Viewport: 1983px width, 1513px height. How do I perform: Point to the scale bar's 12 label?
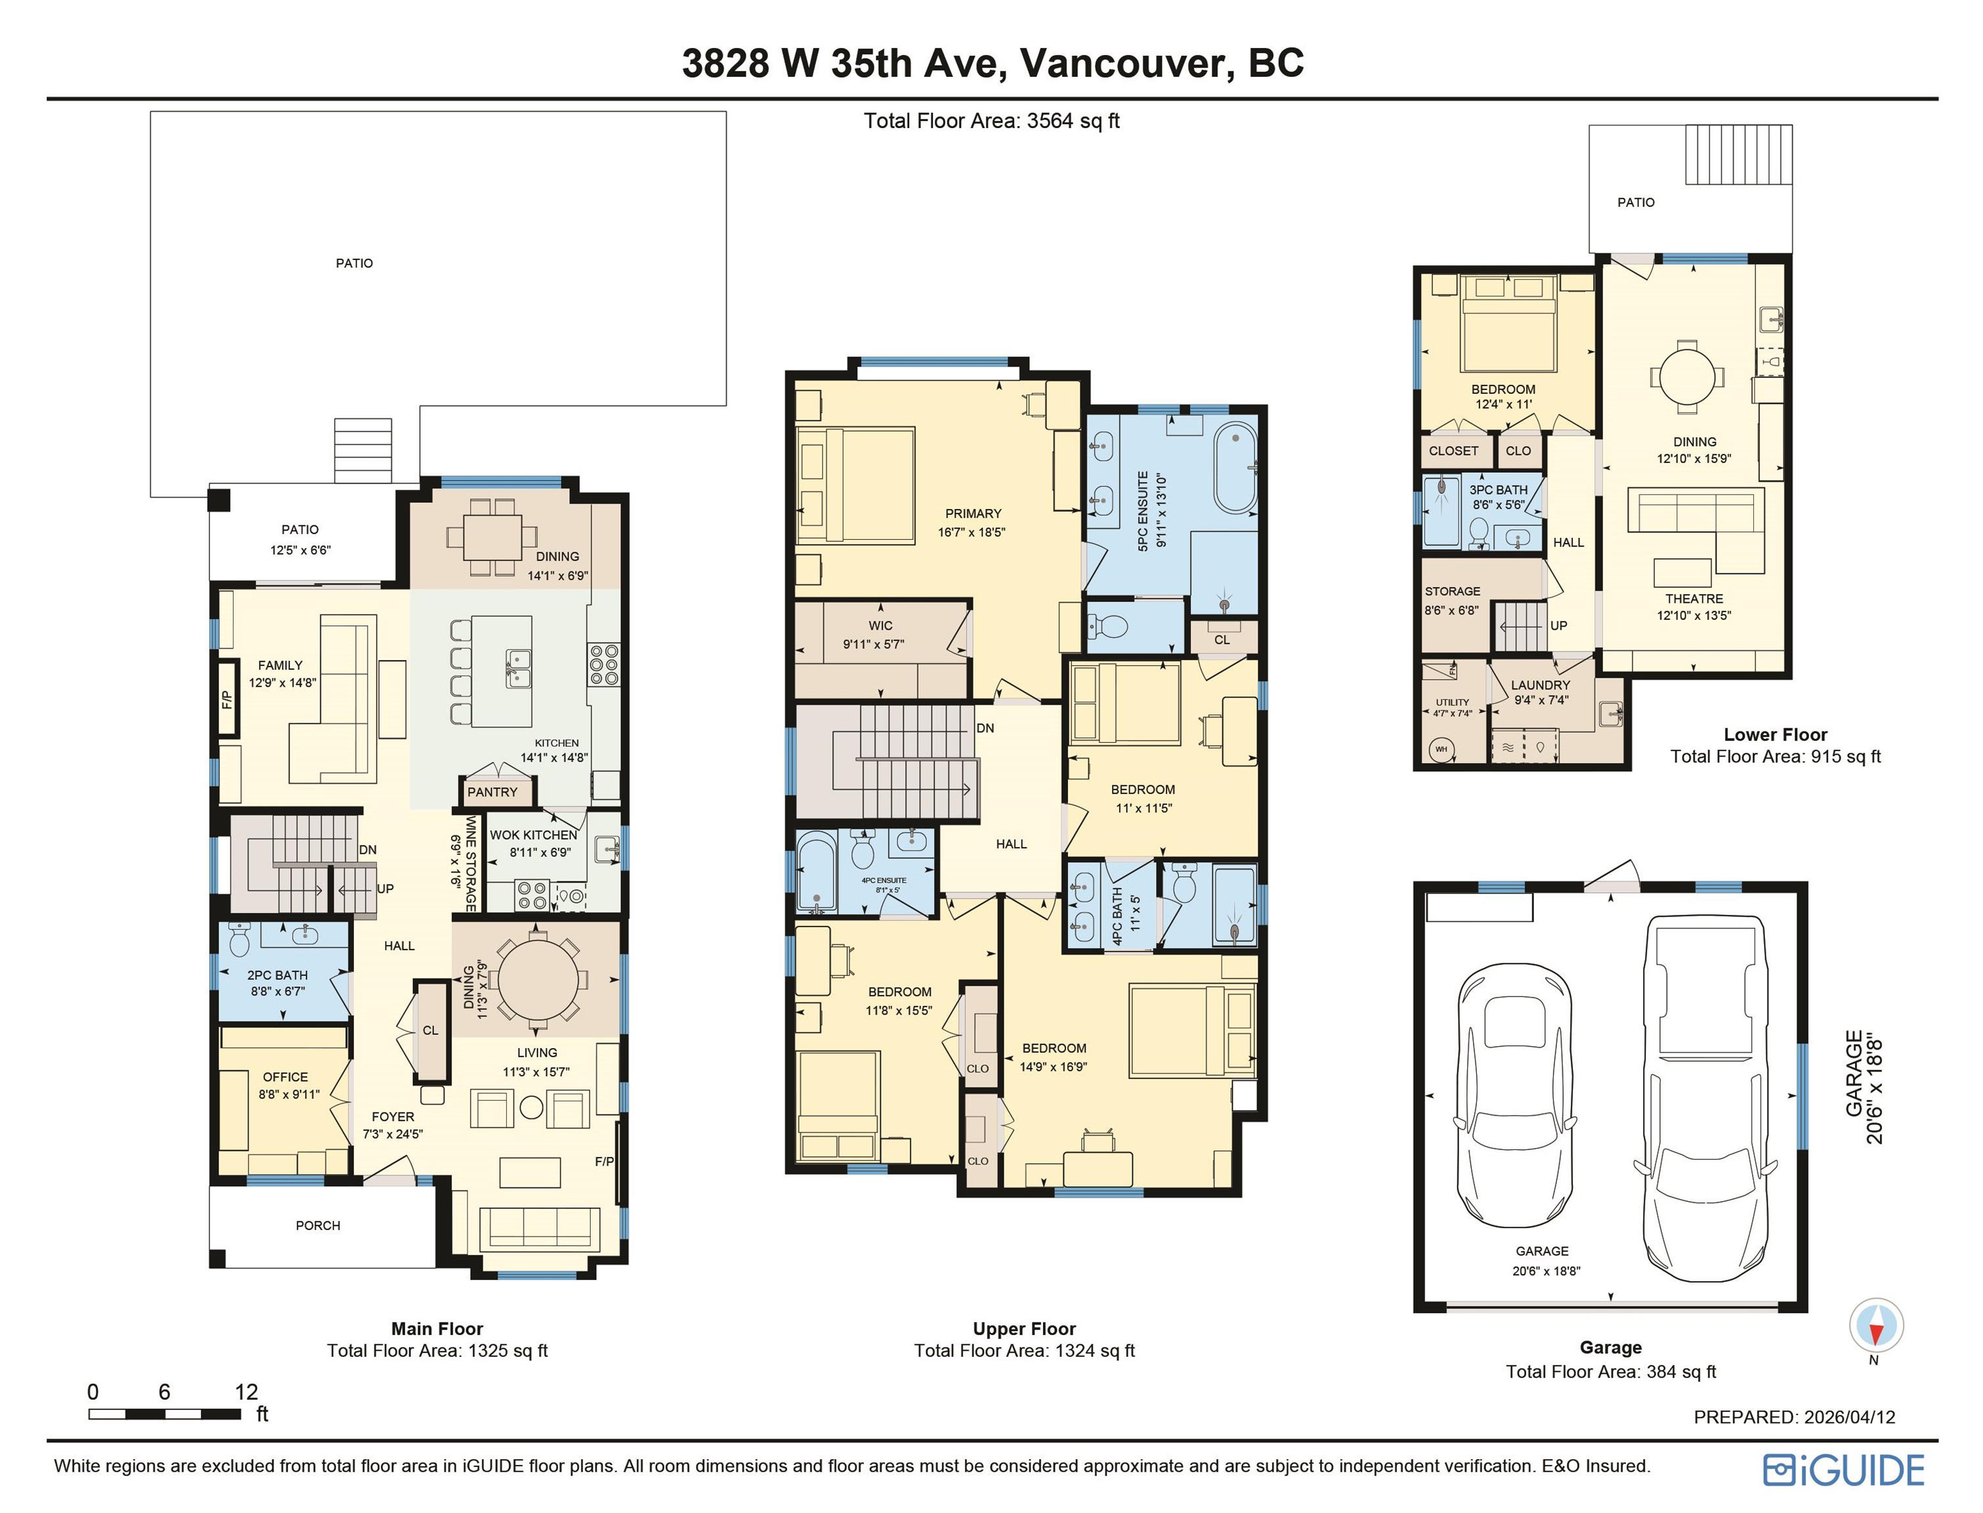245,1392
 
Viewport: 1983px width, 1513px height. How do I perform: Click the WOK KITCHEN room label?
534,835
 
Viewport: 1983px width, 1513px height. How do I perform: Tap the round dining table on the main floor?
538,979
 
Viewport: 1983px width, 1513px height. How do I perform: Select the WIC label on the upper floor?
880,626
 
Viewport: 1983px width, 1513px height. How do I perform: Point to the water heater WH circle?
1441,749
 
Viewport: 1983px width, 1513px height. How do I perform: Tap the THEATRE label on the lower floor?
1694,599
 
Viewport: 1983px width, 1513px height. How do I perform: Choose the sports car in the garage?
1515,1095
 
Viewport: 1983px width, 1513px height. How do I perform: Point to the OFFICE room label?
286,1077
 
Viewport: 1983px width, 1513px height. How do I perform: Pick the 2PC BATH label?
277,975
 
